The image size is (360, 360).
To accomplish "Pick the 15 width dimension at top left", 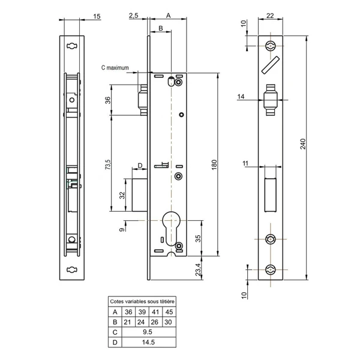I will coord(97,16).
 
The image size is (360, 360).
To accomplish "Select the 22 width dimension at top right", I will coord(270,16).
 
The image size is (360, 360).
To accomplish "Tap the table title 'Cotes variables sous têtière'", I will coord(142,301).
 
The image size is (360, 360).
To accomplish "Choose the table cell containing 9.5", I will coord(148,332).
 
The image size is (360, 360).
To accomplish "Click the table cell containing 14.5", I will coord(148,343).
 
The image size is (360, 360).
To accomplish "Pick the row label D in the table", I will coord(115,343).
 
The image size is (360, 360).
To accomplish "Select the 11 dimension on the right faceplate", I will coord(245,163).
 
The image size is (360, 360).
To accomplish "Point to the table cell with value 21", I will coord(127,322).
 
